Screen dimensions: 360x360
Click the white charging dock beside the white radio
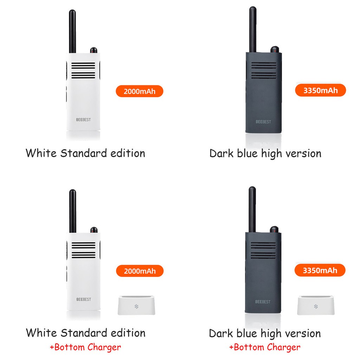(136, 306)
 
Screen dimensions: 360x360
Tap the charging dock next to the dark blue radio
(316, 306)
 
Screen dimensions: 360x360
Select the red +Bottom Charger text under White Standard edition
(85, 347)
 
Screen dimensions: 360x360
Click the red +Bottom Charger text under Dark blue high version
(265, 348)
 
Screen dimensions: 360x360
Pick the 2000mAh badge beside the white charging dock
(140, 271)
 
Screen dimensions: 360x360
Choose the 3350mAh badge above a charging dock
(320, 270)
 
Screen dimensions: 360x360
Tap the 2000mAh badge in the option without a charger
(140, 92)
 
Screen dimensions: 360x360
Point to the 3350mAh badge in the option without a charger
(320, 90)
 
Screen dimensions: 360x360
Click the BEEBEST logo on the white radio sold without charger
(83, 120)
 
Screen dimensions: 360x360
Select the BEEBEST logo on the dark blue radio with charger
(263, 302)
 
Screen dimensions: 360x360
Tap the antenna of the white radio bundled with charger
(73, 211)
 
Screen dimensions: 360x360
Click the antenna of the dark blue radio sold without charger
(252, 30)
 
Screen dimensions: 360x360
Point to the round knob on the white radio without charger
(94, 50)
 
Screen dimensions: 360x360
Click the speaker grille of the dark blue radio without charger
(264, 70)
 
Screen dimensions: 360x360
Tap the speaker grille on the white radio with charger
(83, 250)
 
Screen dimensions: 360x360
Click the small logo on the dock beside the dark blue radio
(315, 306)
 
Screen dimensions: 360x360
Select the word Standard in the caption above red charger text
(83, 333)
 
